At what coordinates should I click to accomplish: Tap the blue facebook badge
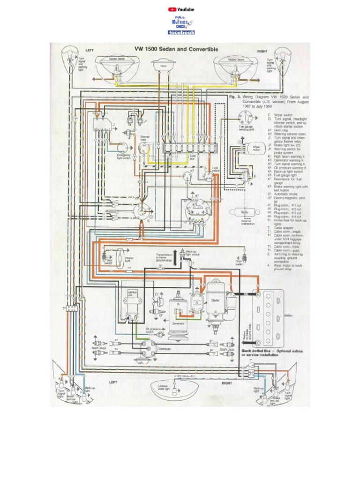pyautogui.click(x=181, y=32)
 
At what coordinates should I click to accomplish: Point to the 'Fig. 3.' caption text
pyautogui.click(x=234, y=97)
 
